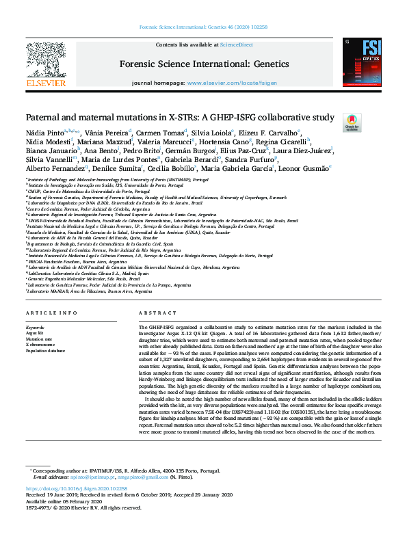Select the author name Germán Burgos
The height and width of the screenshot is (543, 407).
click(187, 150)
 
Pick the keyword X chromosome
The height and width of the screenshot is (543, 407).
click(42, 344)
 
